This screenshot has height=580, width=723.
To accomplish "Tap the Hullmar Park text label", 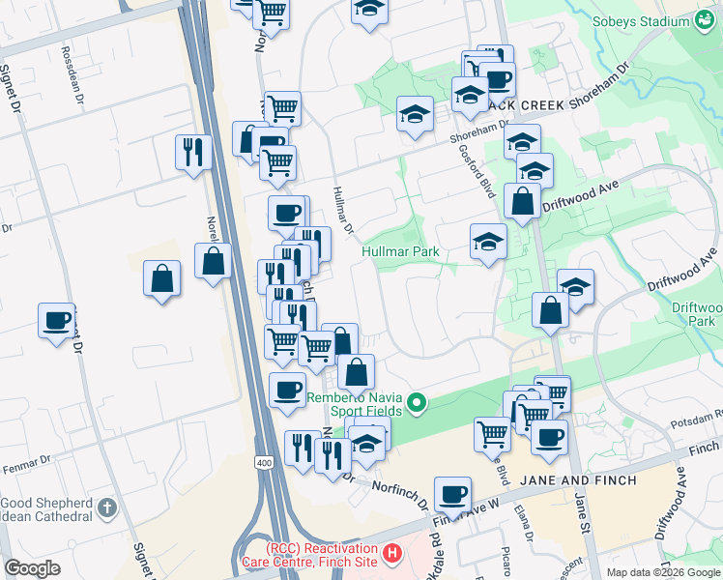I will tap(401, 252).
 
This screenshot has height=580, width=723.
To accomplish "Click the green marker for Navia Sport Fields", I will tap(418, 402).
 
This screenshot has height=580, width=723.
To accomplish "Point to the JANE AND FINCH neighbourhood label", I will tap(579, 480).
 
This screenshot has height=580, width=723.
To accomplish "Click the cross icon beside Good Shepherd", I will tap(107, 506).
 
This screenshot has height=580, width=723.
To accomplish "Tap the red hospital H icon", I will tap(391, 554).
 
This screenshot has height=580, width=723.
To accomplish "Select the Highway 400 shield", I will tap(264, 464).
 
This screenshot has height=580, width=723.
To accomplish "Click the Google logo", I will tap(32, 568).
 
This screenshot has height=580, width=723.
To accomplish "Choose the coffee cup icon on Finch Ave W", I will tap(452, 494).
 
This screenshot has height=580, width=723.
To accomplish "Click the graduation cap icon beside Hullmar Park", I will tap(489, 243).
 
